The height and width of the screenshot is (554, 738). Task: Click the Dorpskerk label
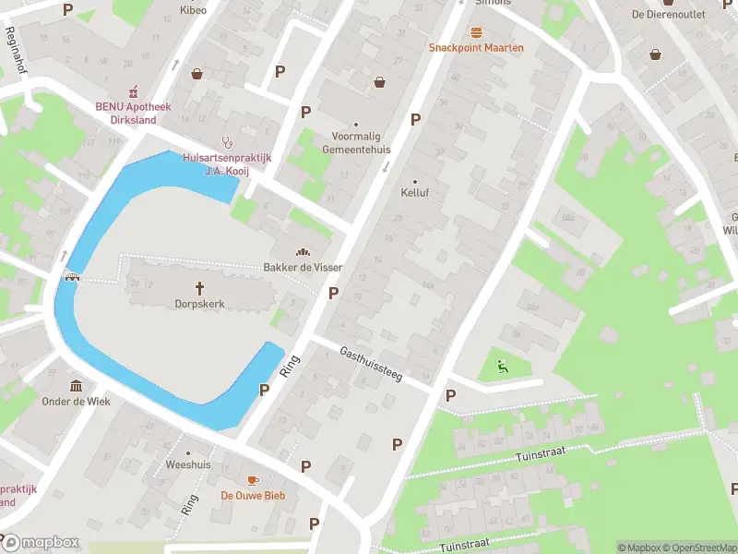[199, 303]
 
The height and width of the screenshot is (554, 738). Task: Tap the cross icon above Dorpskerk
[199, 287]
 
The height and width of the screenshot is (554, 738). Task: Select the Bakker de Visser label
[304, 267]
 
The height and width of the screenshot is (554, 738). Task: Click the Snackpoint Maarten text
[476, 47]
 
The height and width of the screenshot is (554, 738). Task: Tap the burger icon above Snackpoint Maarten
[476, 32]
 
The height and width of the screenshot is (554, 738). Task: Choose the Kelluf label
[415, 193]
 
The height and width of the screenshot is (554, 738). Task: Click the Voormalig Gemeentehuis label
[356, 142]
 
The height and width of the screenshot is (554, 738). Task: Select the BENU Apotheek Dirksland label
[133, 112]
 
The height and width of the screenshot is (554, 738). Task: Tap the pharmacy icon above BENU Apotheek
[134, 90]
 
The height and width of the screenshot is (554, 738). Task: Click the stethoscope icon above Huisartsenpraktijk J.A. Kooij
[227, 141]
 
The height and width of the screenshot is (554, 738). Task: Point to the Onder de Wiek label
[76, 401]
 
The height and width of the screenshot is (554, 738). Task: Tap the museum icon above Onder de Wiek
[76, 385]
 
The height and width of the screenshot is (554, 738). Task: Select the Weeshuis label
[188, 464]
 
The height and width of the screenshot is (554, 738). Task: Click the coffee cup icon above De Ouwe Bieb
[253, 480]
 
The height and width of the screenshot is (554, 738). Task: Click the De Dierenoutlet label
[668, 14]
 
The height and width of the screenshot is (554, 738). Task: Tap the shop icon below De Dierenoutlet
[656, 54]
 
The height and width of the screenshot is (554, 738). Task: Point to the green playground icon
[502, 366]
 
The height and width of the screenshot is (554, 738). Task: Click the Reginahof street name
[16, 50]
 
